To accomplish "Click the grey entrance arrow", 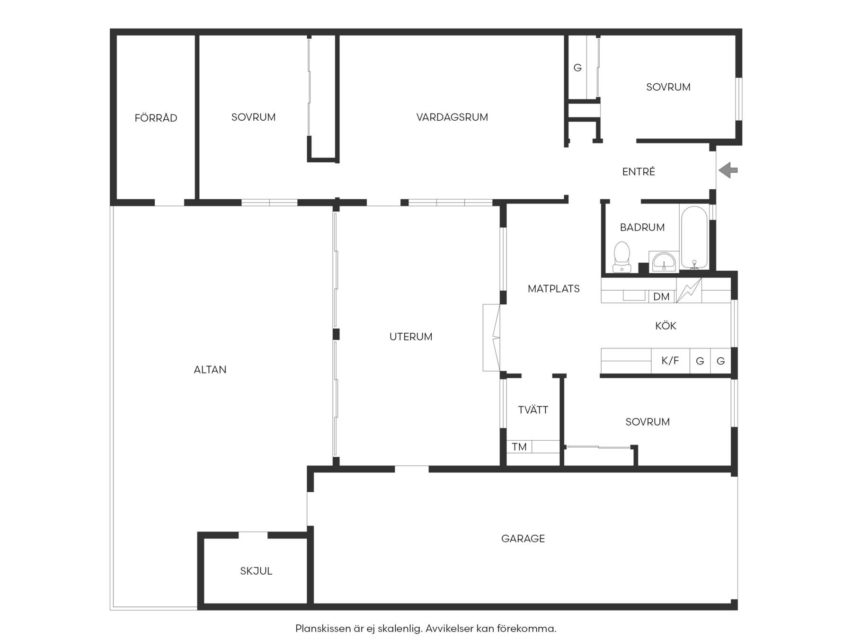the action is click(x=728, y=170).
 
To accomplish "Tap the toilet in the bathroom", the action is click(x=621, y=257).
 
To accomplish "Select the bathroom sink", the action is click(x=664, y=262).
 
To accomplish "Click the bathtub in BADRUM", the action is click(x=694, y=237).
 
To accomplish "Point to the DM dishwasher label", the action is click(x=661, y=297).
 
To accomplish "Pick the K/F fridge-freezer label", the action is click(x=670, y=361).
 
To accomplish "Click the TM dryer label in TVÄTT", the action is click(x=519, y=447).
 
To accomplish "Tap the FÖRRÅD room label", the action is click(x=156, y=117).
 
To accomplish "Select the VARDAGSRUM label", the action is click(x=452, y=117).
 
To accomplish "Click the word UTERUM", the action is click(x=411, y=337).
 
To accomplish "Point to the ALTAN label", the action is click(x=210, y=370).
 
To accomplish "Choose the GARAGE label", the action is click(x=523, y=538).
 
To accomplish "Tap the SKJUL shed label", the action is click(x=256, y=571).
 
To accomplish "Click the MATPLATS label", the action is click(x=554, y=288).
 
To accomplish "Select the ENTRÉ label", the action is click(x=639, y=171).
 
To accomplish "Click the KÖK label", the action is click(x=666, y=325).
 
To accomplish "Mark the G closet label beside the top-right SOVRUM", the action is click(x=577, y=68).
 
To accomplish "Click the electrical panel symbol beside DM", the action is click(x=689, y=290).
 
